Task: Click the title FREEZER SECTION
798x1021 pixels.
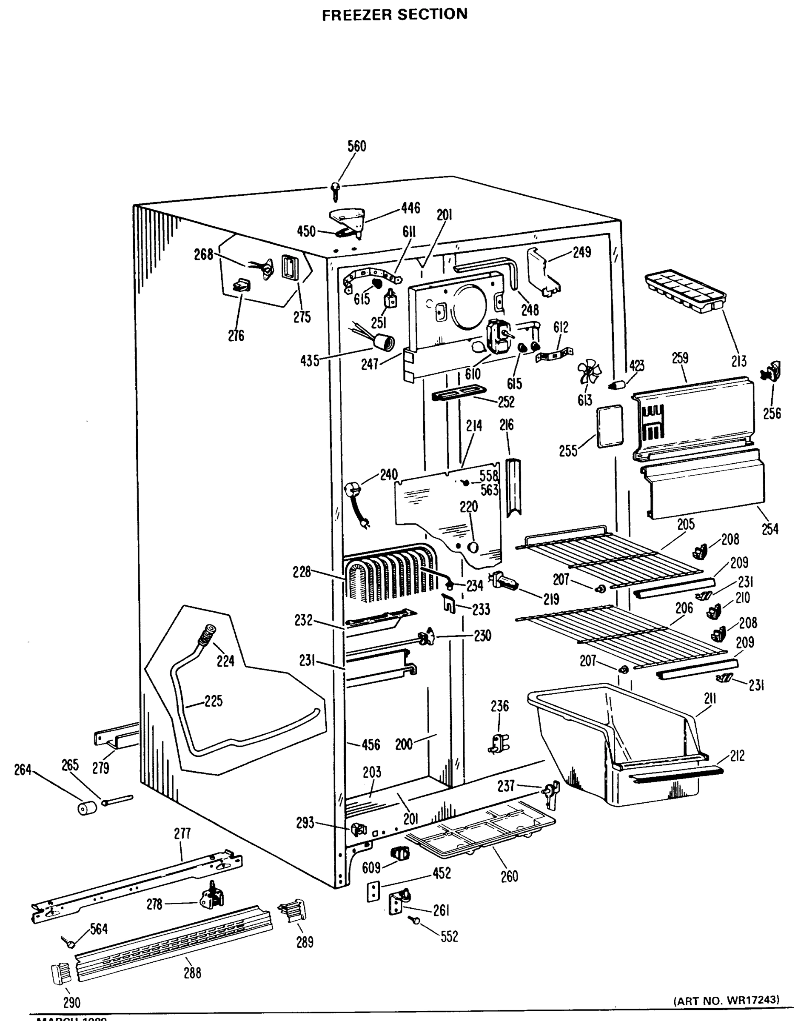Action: click(395, 14)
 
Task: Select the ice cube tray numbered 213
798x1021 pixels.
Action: click(684, 291)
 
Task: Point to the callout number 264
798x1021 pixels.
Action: click(23, 770)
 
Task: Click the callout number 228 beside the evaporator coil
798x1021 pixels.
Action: click(302, 572)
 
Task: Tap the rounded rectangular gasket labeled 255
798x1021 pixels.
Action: click(610, 426)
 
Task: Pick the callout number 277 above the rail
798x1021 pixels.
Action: click(182, 833)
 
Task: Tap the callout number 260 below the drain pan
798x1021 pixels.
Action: click(509, 876)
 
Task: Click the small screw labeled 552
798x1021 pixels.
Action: click(416, 920)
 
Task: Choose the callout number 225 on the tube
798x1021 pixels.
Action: click(213, 701)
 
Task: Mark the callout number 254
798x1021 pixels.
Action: click(770, 529)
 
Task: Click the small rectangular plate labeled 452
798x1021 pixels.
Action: click(373, 892)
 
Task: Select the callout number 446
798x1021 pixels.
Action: click(410, 208)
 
